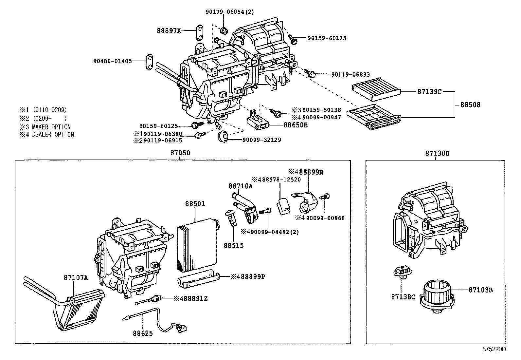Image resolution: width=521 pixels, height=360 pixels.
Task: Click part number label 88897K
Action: click(169, 31)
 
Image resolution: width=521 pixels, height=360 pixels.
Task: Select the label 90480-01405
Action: click(112, 61)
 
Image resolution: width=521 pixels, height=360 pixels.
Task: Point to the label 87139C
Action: click(429, 92)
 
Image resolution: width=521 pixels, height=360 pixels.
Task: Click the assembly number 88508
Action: click(470, 105)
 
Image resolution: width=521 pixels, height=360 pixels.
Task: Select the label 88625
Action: click(143, 333)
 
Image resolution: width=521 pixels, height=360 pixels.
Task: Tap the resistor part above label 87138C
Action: click(403, 273)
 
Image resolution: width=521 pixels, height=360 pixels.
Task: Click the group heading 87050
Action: click(180, 153)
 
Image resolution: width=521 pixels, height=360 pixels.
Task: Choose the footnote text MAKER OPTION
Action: click(51, 127)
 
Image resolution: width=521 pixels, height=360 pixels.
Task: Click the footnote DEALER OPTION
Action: click(53, 135)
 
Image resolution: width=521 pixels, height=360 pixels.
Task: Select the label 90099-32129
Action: click(261, 140)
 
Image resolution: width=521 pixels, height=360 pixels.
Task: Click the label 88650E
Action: click(296, 125)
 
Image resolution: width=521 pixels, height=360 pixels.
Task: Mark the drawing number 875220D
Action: click(494, 349)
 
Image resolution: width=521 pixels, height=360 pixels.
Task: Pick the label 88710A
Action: click(241, 186)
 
